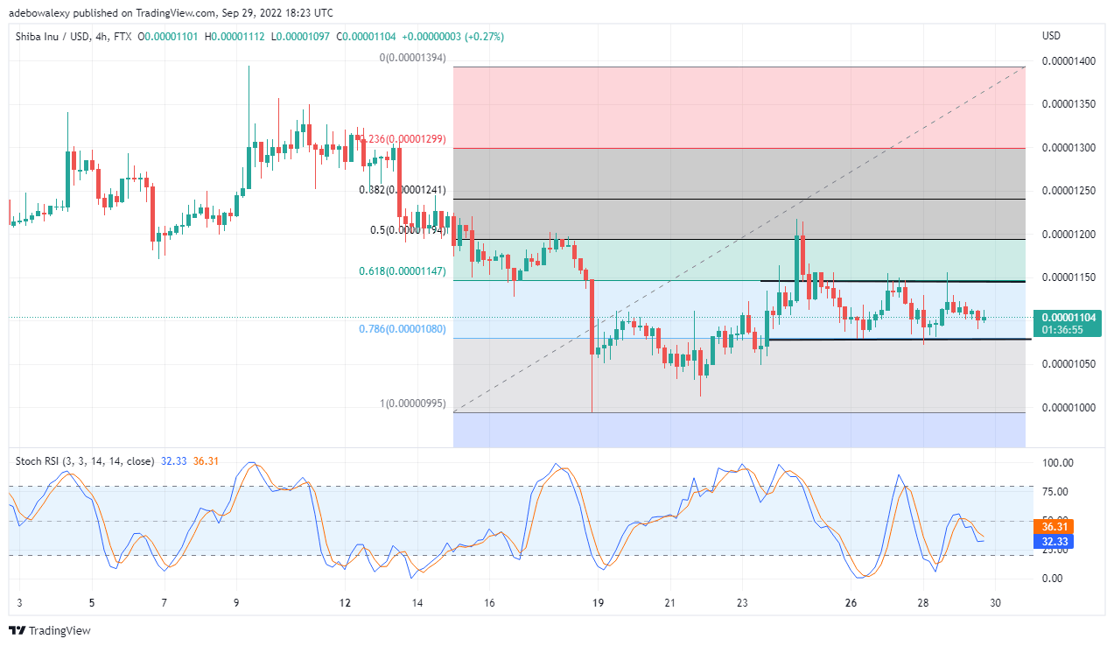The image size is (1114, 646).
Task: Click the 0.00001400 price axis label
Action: point(1068,61)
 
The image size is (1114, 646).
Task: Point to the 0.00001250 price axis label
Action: point(1068,191)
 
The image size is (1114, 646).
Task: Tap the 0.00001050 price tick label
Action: point(1068,364)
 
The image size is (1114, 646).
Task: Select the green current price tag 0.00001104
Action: point(1067,318)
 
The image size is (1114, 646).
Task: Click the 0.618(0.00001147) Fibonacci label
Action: point(403,271)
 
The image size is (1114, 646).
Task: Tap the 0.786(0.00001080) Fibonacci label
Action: point(403,329)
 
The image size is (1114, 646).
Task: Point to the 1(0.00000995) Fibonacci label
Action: point(412,404)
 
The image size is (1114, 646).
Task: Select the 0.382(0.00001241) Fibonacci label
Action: point(403,189)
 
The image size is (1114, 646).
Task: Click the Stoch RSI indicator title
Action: point(83,460)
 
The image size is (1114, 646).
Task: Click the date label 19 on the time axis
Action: point(598,603)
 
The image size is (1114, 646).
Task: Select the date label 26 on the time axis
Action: point(851,603)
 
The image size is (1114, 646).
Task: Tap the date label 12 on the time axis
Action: point(345,603)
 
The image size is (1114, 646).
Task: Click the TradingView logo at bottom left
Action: point(50,630)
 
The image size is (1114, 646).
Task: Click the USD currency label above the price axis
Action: point(1051,37)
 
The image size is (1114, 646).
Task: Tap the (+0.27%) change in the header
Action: point(482,37)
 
